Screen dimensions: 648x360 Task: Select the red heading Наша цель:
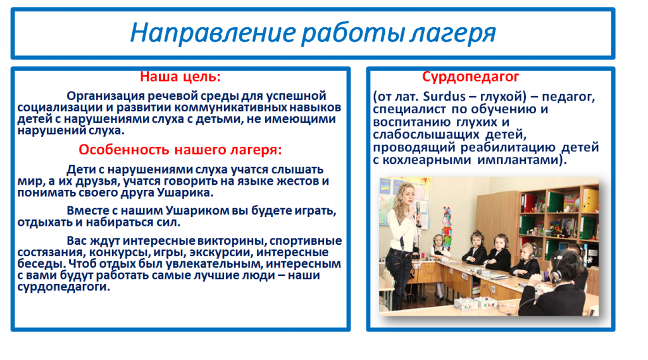point(180,77)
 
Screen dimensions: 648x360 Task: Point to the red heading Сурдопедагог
point(470,77)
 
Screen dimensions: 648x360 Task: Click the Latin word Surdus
point(439,97)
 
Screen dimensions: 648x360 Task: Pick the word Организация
point(106,96)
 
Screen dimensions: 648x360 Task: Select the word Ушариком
point(197,211)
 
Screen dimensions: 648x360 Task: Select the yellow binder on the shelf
point(589,201)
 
